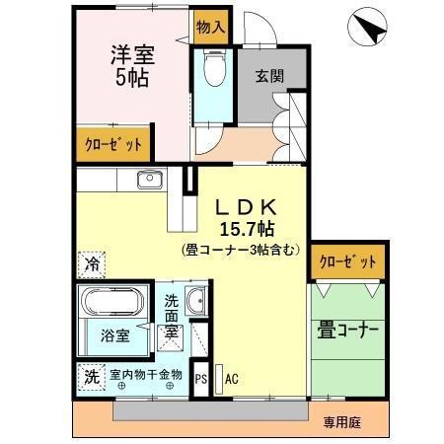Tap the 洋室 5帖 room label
pyautogui.click(x=128, y=66)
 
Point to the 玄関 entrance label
pyautogui.click(x=268, y=75)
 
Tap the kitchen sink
pyautogui.click(x=150, y=179)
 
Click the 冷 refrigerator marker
pyautogui.click(x=90, y=264)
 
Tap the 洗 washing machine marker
pyautogui.click(x=91, y=376)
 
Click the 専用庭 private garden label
pyautogui.click(x=341, y=422)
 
